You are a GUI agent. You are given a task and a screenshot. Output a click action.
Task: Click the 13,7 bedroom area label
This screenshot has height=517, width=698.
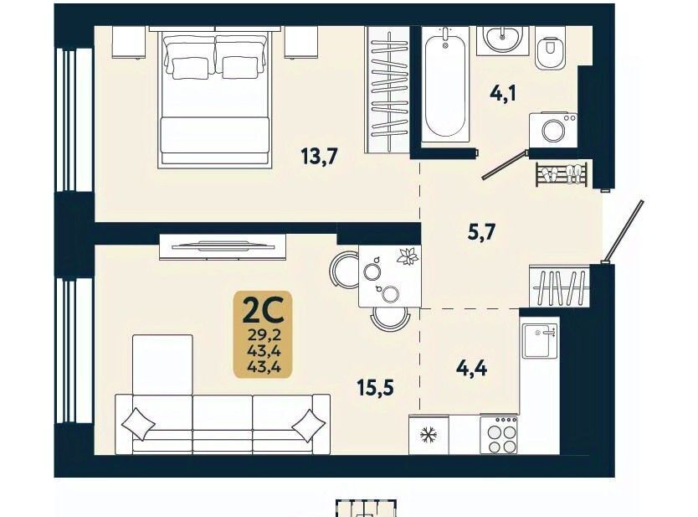coord(320,157)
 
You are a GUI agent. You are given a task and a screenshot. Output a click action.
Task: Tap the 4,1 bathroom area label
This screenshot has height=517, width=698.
coord(503,94)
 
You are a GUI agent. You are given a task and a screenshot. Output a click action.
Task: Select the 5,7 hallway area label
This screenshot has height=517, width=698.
coord(482,233)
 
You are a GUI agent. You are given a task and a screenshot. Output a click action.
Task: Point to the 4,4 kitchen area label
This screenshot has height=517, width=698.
coord(472,369)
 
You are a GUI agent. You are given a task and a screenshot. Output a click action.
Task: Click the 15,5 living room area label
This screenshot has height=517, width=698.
coord(376,388)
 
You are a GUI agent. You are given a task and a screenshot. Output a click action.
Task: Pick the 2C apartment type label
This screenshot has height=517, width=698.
coord(263,311)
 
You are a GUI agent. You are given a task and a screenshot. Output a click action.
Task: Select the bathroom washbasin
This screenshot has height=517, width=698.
coord(502,40)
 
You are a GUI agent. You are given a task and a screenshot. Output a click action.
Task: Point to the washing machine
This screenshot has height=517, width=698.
coord(553,130)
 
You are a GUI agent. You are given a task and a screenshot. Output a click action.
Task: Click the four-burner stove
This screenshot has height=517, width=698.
coord(499,435)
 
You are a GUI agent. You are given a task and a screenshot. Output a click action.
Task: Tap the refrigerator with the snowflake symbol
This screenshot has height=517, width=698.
coord(429,435)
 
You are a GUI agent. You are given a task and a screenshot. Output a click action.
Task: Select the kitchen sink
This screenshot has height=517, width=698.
coord(540,341)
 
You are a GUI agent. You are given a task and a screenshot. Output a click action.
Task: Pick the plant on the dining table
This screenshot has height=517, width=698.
coord(407,256)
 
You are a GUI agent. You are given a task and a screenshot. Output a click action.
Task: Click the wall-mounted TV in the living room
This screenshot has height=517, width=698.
coord(223,246)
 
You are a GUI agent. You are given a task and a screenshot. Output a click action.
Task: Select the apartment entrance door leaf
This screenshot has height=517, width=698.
coord(623,231)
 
